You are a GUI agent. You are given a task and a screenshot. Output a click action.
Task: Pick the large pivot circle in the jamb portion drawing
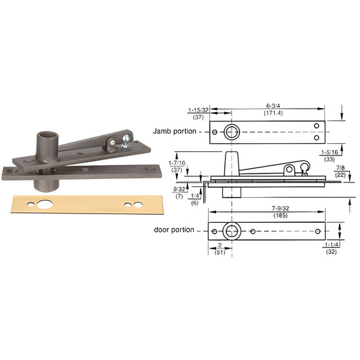(232, 132)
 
